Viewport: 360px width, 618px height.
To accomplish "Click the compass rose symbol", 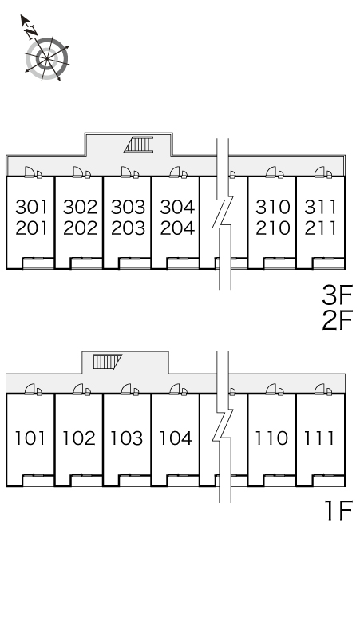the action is (x=47, y=59).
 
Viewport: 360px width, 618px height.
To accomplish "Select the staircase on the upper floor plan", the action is (x=139, y=145).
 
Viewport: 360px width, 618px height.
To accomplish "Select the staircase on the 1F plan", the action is (x=107, y=362).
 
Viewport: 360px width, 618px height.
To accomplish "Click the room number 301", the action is (x=31, y=207).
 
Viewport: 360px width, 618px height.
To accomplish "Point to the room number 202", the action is (x=80, y=228).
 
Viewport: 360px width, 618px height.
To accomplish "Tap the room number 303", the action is (x=128, y=207).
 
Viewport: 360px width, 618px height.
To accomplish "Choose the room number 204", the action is (x=177, y=228).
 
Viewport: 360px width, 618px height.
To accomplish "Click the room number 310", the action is (x=272, y=207).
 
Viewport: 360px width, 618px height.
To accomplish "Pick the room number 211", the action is (x=320, y=228).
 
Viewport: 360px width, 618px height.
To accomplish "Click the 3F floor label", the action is (x=337, y=295).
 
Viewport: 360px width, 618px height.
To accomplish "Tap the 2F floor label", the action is (x=337, y=320).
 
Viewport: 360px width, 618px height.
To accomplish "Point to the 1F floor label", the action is (x=338, y=510).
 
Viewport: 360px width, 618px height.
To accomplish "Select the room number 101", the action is (x=30, y=438).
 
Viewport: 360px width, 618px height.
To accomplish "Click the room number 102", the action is (x=79, y=438).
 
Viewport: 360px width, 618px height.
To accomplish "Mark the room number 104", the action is (x=176, y=438).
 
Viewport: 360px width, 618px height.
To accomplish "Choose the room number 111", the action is (x=319, y=438).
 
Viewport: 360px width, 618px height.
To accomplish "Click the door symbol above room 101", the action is (x=33, y=390).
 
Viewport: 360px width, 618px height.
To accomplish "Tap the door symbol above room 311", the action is (x=323, y=172).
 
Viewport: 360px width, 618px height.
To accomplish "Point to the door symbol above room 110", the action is (x=275, y=390).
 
